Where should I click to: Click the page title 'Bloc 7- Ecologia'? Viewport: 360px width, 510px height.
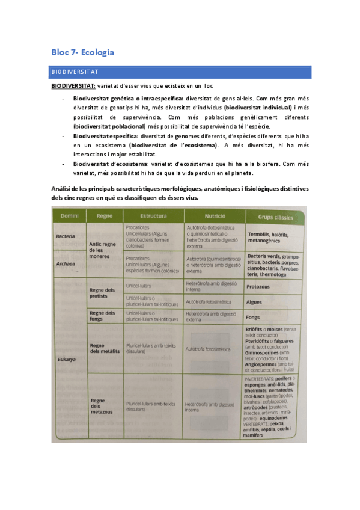83,52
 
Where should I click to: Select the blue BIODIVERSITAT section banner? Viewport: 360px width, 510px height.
180,72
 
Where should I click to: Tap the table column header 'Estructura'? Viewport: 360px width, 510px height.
153,215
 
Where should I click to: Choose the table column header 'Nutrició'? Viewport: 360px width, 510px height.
215,215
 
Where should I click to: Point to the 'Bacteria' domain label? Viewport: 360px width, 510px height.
66,236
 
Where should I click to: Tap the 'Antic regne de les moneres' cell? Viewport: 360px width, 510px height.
102,250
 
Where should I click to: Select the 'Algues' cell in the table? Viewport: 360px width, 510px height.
254,302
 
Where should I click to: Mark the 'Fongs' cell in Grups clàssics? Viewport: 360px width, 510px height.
253,317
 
